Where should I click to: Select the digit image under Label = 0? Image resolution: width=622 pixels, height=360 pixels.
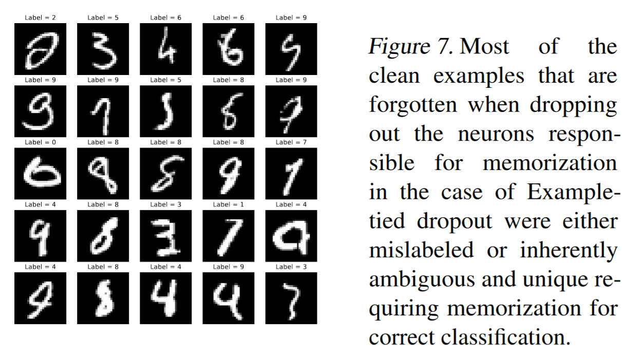(x=40, y=173)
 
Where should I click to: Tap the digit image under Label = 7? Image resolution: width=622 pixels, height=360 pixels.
(x=290, y=173)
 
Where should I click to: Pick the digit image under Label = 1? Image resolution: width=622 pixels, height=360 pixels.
(x=228, y=235)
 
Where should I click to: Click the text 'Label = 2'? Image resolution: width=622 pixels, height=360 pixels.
(x=40, y=18)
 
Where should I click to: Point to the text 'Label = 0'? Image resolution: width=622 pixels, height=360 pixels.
(x=40, y=143)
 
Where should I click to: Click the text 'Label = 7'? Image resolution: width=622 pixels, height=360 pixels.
(x=290, y=143)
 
